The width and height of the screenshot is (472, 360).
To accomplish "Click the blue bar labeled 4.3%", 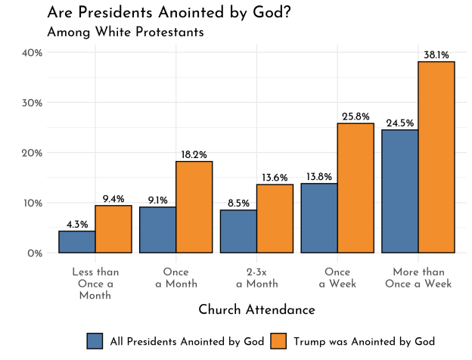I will click(x=76, y=242).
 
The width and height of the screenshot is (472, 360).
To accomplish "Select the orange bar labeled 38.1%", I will click(x=436, y=157).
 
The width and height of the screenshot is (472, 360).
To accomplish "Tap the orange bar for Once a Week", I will click(x=356, y=188).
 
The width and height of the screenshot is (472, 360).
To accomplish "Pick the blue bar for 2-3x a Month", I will click(x=238, y=231).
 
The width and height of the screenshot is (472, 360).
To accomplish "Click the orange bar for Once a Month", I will click(x=194, y=207).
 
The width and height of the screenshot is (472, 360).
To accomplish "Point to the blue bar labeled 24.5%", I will click(x=400, y=191).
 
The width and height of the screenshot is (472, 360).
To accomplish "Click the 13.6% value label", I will click(x=275, y=178).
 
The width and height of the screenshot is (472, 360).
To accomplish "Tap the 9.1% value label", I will click(x=158, y=200).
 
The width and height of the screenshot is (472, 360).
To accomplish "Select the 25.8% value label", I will click(x=356, y=116).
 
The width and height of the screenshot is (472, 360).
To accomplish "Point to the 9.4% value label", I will click(x=113, y=199).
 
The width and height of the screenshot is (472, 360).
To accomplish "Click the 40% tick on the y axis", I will click(x=31, y=52).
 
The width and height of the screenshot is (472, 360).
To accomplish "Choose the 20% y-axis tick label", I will click(x=31, y=153).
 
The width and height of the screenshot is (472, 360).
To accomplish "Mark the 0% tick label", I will click(x=34, y=253).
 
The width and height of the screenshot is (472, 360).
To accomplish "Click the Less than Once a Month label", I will click(x=95, y=284).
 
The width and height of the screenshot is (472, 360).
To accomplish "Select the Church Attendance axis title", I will click(x=256, y=310).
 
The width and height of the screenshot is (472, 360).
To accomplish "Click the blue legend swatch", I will click(x=95, y=341).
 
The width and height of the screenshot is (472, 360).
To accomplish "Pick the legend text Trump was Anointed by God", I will click(x=364, y=341).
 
